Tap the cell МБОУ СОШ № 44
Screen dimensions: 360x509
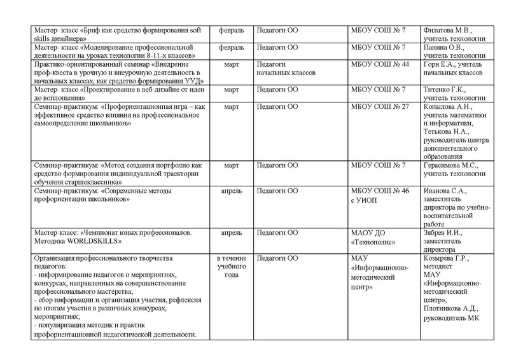(380, 65)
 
